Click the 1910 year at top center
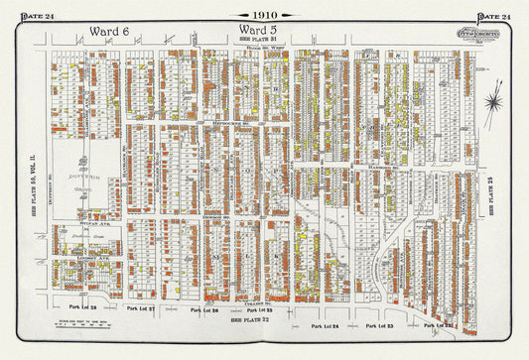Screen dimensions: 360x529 pyautogui.click(x=264, y=15)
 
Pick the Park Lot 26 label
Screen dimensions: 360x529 pyautogui.click(x=203, y=309)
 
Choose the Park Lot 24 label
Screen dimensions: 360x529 pyautogui.click(x=324, y=325)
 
